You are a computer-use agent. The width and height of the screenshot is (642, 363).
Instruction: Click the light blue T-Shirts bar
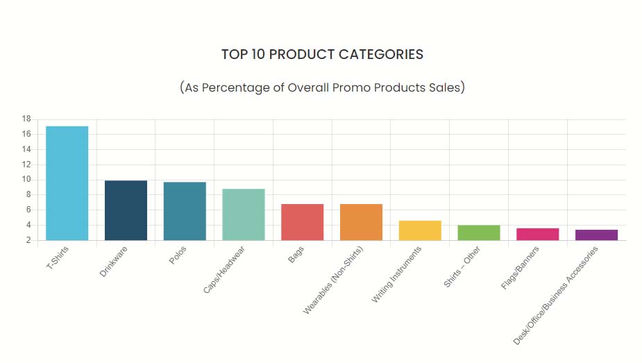(x=67, y=183)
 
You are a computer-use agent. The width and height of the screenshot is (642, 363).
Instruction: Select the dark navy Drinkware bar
(x=126, y=210)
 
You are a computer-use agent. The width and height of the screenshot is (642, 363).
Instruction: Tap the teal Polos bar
(x=185, y=211)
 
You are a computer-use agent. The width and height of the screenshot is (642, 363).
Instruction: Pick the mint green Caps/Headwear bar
(x=244, y=214)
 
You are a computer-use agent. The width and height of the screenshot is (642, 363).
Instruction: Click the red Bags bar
(x=302, y=222)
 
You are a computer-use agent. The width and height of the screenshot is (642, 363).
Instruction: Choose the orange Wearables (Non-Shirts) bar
(x=361, y=222)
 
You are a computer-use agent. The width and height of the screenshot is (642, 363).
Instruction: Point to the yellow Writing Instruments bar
(x=420, y=230)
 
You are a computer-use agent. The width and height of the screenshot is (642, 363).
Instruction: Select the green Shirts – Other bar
(x=479, y=233)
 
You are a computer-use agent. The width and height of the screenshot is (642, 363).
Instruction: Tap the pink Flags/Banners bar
(x=538, y=234)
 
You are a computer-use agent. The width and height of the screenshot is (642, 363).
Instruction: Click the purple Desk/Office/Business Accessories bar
(x=596, y=235)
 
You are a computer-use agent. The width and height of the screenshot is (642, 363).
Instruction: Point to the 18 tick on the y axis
(x=26, y=119)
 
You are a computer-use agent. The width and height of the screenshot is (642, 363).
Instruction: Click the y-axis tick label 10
(x=26, y=180)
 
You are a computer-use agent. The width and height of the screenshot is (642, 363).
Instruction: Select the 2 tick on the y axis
(x=28, y=240)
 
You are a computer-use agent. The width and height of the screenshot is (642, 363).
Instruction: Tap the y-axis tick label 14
(x=26, y=149)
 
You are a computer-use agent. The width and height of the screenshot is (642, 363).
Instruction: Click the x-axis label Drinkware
(x=114, y=262)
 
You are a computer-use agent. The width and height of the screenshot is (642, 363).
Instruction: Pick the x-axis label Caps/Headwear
(x=224, y=269)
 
